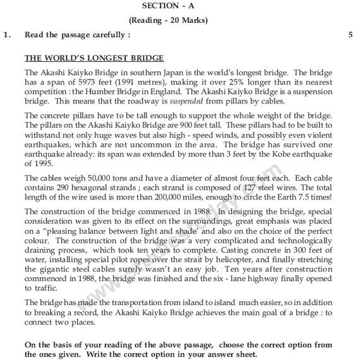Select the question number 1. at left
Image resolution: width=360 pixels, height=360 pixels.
pyautogui.click(x=7, y=35)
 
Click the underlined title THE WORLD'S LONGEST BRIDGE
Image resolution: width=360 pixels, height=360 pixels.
pyautogui.click(x=94, y=58)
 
